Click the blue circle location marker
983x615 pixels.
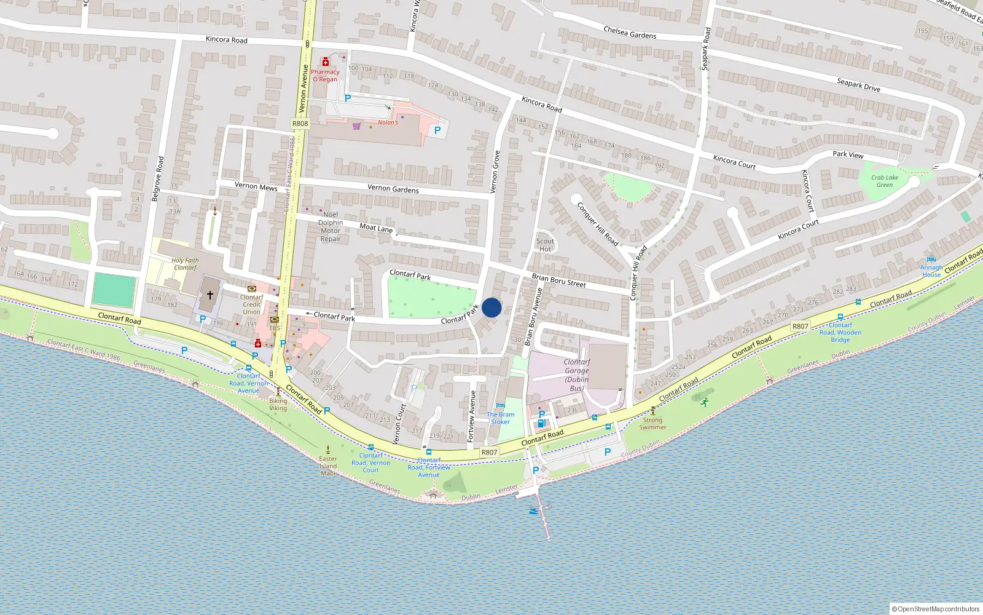click(491, 307)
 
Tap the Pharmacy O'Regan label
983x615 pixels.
click(325, 76)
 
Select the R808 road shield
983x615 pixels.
click(300, 124)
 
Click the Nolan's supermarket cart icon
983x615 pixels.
click(356, 126)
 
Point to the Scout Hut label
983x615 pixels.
click(545, 245)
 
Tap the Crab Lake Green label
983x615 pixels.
click(885, 181)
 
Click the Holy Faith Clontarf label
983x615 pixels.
click(185, 264)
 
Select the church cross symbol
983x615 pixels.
click(210, 295)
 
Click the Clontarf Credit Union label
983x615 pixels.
click(251, 304)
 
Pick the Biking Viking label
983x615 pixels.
click(278, 404)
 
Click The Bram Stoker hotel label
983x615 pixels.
click(501, 418)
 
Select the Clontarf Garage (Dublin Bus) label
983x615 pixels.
click(577, 375)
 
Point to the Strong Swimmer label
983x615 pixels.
click(652, 424)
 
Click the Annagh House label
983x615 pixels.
click(931, 271)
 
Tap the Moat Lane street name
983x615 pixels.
click(376, 228)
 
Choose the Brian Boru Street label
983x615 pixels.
click(558, 280)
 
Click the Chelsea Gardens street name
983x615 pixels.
click(630, 32)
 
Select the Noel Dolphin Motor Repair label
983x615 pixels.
click(331, 227)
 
